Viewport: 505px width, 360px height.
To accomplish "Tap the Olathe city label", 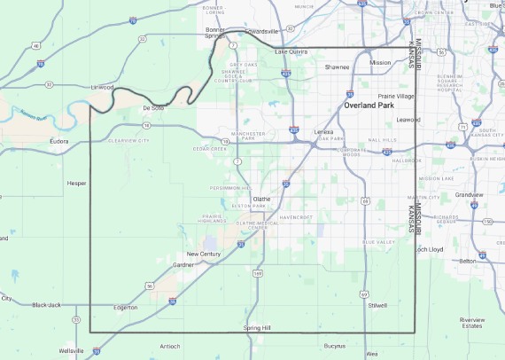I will coord(261,200).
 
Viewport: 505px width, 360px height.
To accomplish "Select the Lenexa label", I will coord(323,131).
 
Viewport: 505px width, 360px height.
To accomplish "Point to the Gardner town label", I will coord(183,264).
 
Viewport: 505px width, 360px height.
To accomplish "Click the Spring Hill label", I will coord(257,328).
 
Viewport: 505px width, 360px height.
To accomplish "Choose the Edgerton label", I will coord(126,308).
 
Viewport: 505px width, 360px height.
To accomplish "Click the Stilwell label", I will coord(377,305).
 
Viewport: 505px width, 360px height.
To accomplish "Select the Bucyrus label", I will coord(334,345).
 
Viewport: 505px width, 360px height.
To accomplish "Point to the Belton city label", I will coord(467,262).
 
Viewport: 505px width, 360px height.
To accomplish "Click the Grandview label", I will coord(468,194).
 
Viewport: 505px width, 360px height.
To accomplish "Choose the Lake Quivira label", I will coord(291,51).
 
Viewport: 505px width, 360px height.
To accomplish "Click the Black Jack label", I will coord(46,305).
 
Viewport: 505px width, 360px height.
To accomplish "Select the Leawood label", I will coord(408,119).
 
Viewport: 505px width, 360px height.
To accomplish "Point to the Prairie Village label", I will coord(396,96).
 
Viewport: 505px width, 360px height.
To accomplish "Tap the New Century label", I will coord(203,254).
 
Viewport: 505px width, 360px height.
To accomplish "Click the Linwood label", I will coord(103,88).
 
